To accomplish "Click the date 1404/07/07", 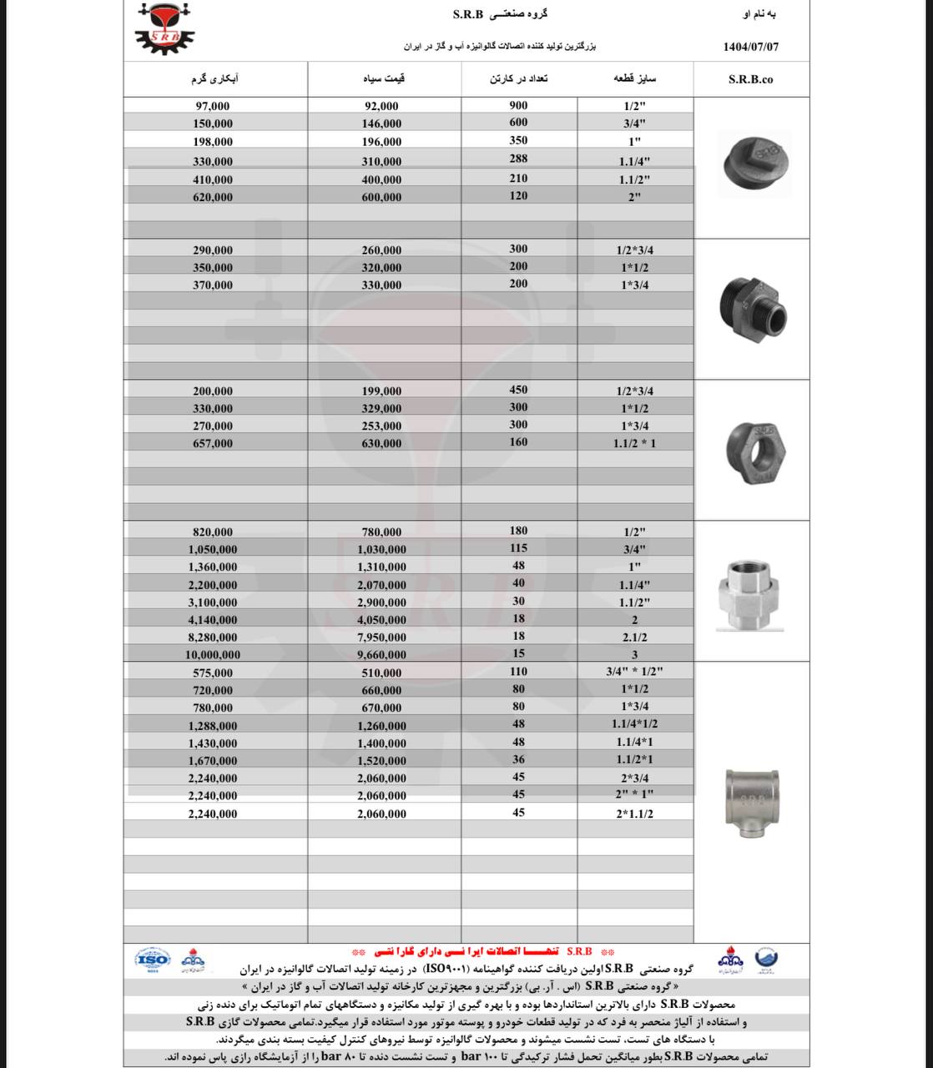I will click(750, 47).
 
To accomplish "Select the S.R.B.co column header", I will click(750, 80).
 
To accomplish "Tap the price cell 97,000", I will click(213, 106).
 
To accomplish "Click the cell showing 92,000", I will click(381, 106).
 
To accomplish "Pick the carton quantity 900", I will click(518, 105).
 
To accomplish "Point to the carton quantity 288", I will click(518, 160).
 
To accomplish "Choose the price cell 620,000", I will click(213, 197).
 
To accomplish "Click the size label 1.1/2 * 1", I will click(634, 443).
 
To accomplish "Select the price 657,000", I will click(213, 443).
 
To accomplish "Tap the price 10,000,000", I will click(213, 655).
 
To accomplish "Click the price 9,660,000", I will click(381, 655).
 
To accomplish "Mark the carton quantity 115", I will click(518, 548).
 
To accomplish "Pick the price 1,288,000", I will click(213, 726).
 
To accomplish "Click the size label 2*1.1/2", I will click(634, 814).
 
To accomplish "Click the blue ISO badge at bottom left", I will click(152, 959).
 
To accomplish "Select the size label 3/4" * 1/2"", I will click(634, 672).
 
